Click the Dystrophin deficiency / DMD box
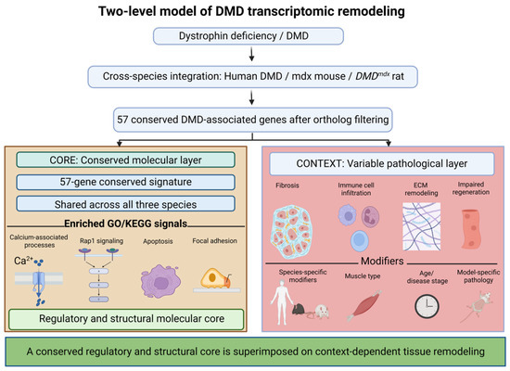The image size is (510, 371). click(x=249, y=36)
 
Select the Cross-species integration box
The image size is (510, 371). click(x=253, y=76)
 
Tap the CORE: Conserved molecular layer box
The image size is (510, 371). click(x=125, y=160)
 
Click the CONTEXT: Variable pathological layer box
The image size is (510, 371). click(x=382, y=163)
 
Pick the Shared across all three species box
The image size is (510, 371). click(x=125, y=204)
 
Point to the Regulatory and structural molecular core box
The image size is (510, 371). click(x=126, y=319)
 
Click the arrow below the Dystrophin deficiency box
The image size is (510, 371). click(x=251, y=55)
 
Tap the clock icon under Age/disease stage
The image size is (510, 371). click(x=427, y=306)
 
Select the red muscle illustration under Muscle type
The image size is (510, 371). click(x=363, y=305)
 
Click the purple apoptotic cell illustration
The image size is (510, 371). click(x=160, y=282)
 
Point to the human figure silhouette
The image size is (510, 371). click(x=282, y=301)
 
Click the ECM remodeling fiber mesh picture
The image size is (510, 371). click(x=422, y=226)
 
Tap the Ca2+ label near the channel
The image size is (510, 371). click(x=23, y=261)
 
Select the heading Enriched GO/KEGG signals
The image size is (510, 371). click(x=125, y=224)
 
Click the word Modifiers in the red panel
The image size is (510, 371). click(x=382, y=261)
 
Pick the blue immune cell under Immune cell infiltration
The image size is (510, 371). click(x=360, y=240)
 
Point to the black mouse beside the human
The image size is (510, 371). click(x=300, y=309)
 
